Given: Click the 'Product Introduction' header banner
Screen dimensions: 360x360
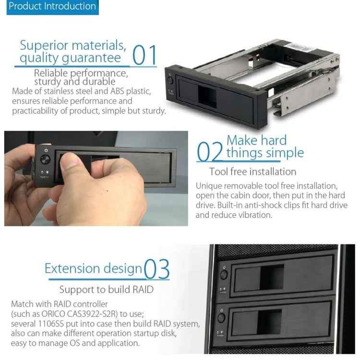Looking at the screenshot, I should pos(52,7).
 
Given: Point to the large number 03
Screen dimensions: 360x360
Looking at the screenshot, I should pos(157,269).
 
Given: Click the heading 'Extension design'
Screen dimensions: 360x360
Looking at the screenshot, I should pos(94,268).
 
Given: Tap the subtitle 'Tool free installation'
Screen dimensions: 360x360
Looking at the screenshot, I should pos(252,171).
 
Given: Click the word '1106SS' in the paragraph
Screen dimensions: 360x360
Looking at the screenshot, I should pos(59,324).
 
